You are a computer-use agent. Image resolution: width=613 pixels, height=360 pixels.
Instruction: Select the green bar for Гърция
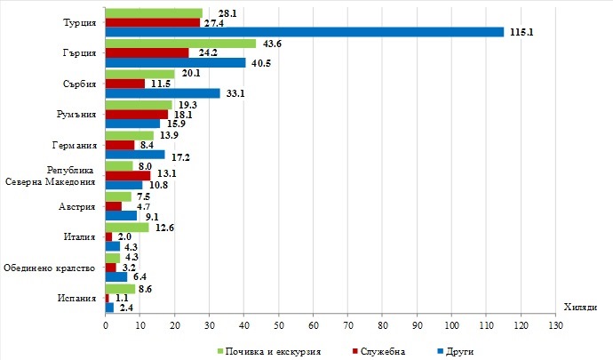180,44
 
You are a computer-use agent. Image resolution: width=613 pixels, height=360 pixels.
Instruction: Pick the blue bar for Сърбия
163,92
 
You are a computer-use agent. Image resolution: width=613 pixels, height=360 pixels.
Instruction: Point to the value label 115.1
520,32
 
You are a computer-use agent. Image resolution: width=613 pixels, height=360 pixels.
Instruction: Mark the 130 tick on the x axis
556,327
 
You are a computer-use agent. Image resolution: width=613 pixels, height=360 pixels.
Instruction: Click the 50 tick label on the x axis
279,327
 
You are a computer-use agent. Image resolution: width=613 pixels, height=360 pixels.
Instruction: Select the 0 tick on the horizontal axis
106,327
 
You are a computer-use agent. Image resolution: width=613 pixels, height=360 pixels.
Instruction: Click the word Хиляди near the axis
580,307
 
